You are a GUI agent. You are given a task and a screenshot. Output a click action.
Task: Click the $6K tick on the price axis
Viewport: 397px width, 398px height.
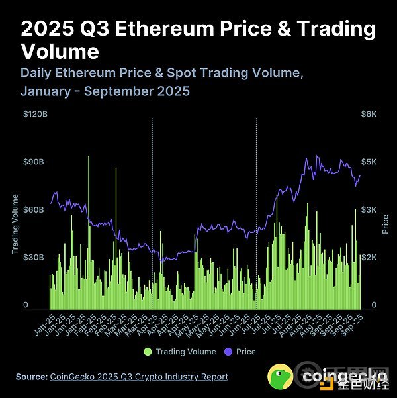(368, 115)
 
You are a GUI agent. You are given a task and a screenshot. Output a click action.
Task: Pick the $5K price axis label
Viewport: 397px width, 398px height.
(368, 162)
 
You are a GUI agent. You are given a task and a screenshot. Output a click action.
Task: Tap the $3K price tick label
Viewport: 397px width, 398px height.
(368, 210)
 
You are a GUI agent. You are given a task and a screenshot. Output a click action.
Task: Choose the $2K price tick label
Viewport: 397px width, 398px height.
(368, 257)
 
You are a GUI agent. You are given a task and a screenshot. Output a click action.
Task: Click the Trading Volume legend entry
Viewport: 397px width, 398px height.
(185, 352)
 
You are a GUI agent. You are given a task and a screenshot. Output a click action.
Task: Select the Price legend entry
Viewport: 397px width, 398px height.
(245, 352)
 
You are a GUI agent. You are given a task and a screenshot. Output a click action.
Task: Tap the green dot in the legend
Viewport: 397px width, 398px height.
(148, 352)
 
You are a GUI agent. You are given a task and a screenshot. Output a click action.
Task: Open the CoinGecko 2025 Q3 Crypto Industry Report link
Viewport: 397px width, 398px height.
(139, 377)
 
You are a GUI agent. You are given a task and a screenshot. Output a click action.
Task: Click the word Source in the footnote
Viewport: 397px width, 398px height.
(30, 377)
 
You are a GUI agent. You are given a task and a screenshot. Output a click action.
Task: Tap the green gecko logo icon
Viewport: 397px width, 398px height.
(280, 377)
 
